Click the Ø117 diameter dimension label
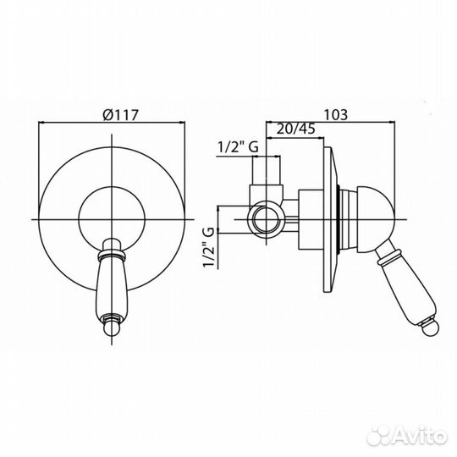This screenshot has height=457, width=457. (120, 115)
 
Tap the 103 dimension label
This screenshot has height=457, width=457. (336, 114)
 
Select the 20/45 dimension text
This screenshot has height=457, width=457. (295, 129)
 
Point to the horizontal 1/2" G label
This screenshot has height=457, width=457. (238, 147)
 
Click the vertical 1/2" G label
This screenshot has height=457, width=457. (209, 247)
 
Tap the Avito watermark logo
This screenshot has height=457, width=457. (406, 436)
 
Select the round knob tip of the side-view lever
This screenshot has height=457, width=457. (428, 328)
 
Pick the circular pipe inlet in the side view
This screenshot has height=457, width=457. (265, 219)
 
